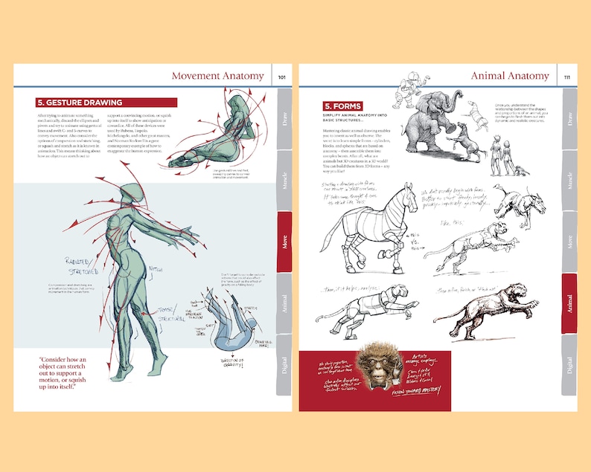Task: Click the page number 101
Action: click(x=282, y=77)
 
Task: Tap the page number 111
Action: click(x=567, y=77)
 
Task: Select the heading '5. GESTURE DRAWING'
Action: click(x=80, y=103)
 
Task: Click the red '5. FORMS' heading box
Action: click(x=342, y=106)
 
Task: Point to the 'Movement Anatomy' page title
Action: click(x=217, y=76)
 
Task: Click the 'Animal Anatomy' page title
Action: click(x=510, y=76)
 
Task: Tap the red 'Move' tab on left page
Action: click(x=285, y=242)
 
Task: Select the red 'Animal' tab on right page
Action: click(x=570, y=303)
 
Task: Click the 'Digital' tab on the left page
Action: click(x=285, y=364)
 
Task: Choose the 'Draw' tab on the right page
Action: click(x=570, y=119)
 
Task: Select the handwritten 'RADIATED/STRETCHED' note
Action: click(x=81, y=266)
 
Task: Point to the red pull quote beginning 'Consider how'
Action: click(x=73, y=371)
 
